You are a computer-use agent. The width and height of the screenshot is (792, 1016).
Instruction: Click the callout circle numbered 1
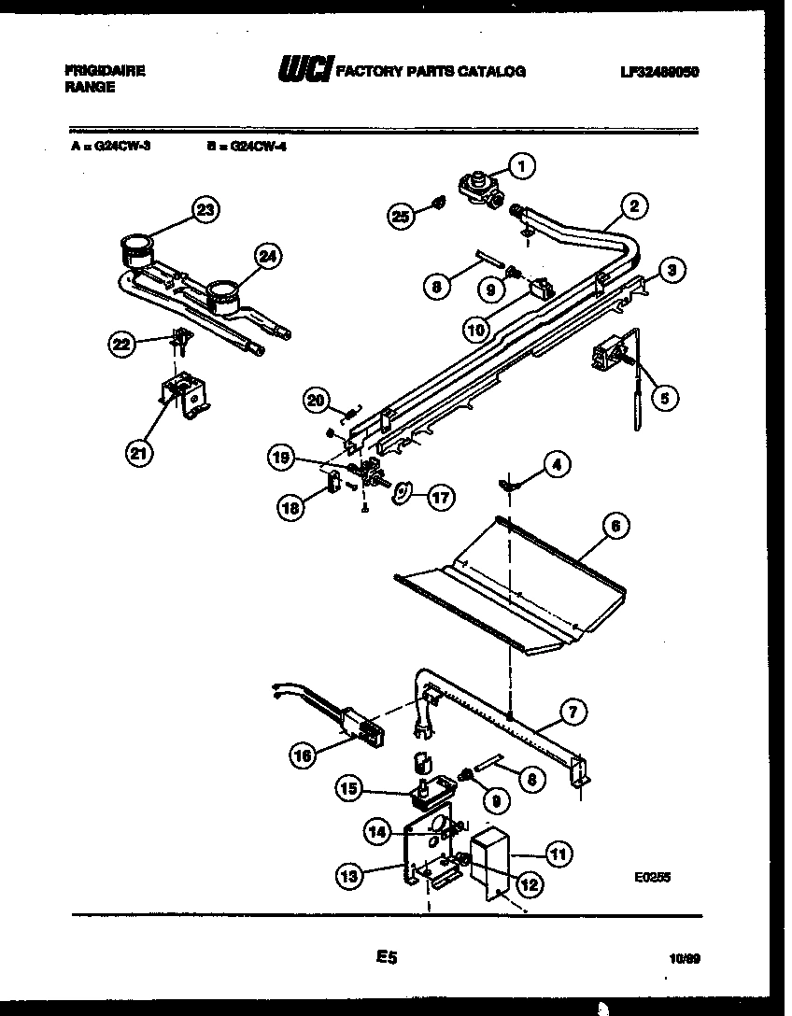(522, 166)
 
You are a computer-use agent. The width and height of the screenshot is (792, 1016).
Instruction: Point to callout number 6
(615, 526)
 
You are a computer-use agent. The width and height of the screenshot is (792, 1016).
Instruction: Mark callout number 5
(665, 398)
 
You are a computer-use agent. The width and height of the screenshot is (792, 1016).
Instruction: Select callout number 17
(440, 498)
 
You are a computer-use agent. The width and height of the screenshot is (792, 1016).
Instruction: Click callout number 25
(400, 216)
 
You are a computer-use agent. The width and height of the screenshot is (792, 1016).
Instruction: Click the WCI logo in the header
(305, 70)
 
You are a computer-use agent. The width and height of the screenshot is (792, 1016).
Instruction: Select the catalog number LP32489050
(659, 71)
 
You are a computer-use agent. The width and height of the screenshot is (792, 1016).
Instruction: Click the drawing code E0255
(651, 877)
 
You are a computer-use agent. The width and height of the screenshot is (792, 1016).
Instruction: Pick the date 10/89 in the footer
(685, 957)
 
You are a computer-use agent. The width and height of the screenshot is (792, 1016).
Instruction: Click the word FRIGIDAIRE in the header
(105, 71)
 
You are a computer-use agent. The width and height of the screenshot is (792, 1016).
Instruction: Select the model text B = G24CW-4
(246, 146)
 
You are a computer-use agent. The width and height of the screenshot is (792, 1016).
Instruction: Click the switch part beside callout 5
(608, 359)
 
